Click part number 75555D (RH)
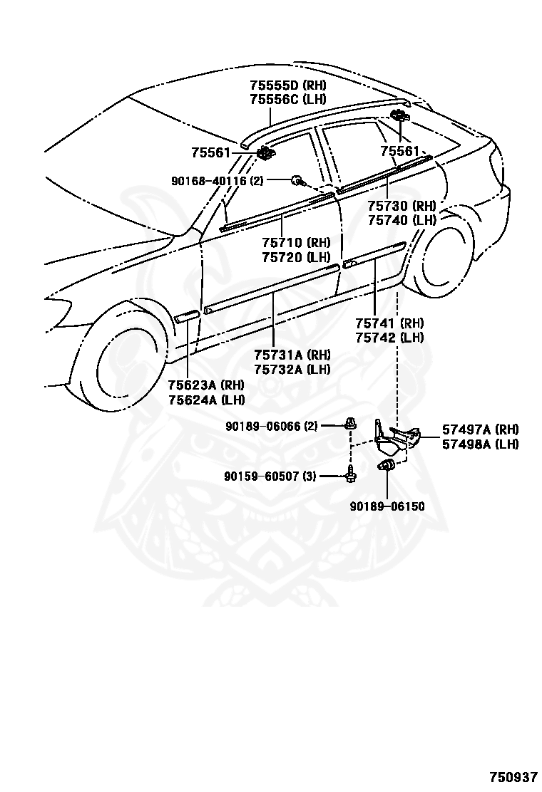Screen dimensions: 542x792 288,85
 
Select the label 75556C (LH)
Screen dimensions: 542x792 288,99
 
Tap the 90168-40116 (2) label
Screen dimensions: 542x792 218,181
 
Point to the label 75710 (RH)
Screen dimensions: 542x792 296,243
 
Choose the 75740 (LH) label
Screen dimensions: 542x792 402,220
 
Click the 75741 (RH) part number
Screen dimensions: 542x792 390,323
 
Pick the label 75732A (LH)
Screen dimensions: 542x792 292,369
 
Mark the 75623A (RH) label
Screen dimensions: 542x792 206,385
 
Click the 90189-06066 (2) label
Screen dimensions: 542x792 272,427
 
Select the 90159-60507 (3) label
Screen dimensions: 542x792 270,476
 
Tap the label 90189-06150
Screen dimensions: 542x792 387,506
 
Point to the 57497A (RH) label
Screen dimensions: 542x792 481,430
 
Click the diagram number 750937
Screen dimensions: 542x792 513,776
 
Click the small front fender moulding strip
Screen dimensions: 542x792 187,316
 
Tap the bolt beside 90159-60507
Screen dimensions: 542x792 350,475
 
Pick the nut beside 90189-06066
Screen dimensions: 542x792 349,424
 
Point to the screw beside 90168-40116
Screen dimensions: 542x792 298,179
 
